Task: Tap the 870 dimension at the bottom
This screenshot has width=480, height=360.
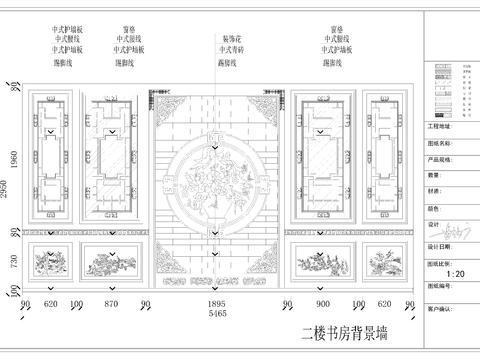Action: pyautogui.click(x=110, y=302)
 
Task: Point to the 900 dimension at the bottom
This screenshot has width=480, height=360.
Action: pyautogui.click(x=322, y=302)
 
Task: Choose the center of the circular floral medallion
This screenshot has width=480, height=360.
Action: pyautogui.click(x=216, y=178)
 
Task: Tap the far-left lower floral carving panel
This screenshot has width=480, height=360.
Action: pyautogui.click(x=51, y=262)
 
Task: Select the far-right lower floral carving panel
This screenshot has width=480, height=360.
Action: pyautogui.click(x=383, y=262)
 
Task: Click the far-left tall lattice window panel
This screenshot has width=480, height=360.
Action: pyautogui.click(x=51, y=160)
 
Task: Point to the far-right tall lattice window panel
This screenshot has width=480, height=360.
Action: pyautogui.click(x=383, y=160)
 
